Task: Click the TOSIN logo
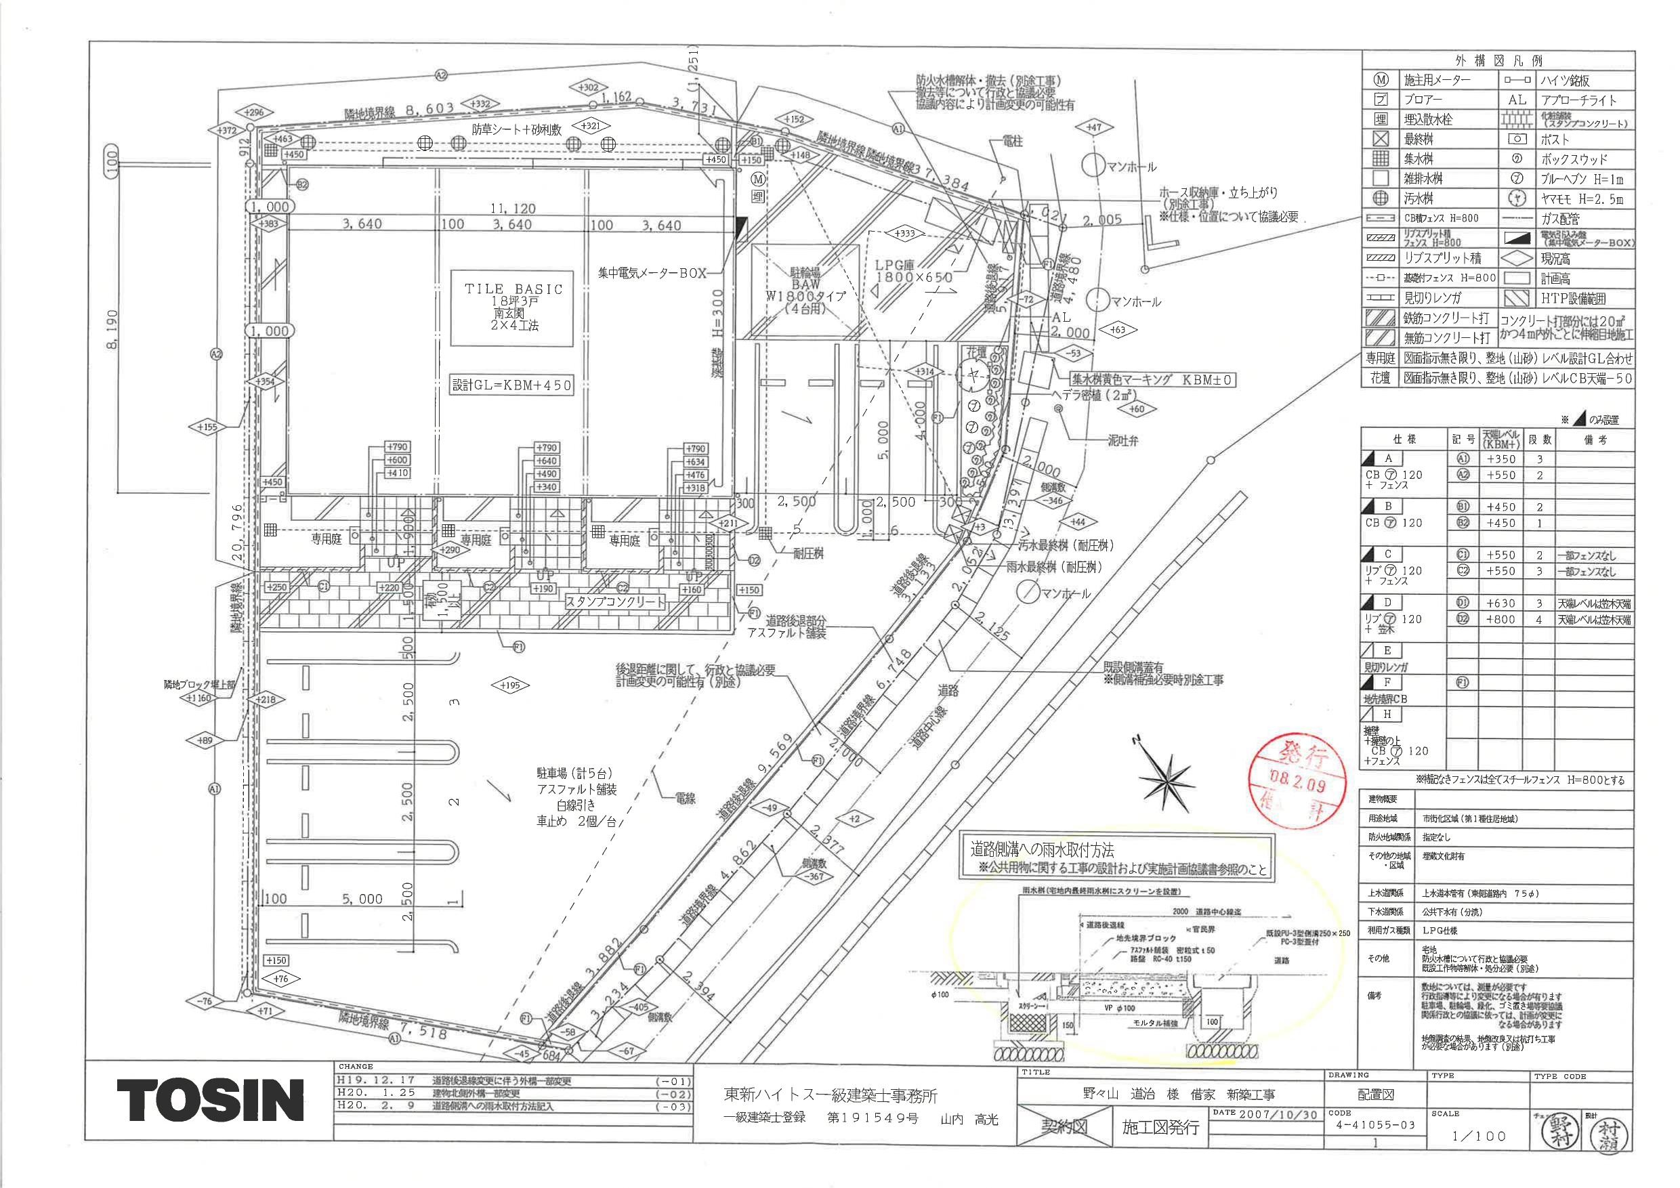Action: [x=210, y=1099]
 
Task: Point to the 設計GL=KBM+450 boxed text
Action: [x=511, y=385]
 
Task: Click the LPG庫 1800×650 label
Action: [x=913, y=272]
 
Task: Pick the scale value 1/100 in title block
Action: [x=1479, y=1135]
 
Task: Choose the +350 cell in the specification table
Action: [x=1500, y=459]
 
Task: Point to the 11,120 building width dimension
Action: [x=513, y=209]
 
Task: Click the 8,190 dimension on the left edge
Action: [x=111, y=328]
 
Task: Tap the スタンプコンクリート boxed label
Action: [x=614, y=602]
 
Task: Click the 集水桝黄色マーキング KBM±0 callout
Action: [x=1152, y=380]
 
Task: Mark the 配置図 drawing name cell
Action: [x=1376, y=1095]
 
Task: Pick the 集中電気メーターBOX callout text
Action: [x=652, y=273]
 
